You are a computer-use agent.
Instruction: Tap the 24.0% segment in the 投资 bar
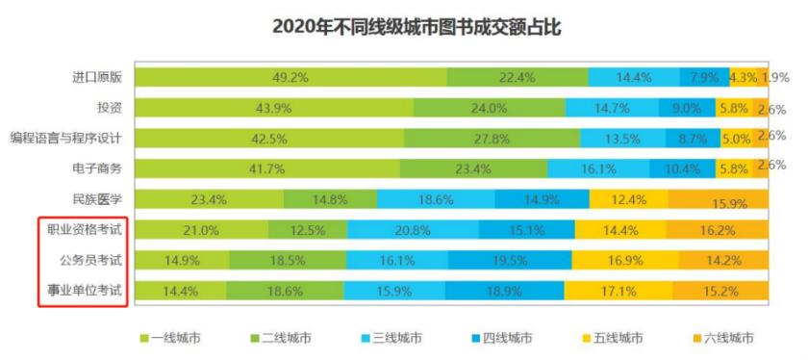[x=489, y=109]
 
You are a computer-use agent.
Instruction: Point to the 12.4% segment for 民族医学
[x=628, y=200]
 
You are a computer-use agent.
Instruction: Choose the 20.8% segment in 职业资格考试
[x=413, y=230]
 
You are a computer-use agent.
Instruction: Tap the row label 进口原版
[x=99, y=78]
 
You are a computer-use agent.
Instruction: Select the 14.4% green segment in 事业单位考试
[x=181, y=290]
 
